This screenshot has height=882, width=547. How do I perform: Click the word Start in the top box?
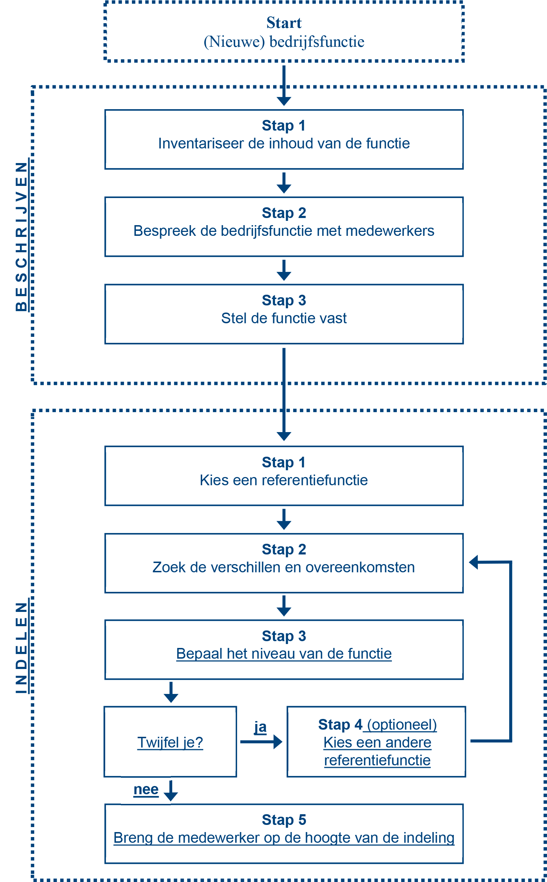(x=283, y=23)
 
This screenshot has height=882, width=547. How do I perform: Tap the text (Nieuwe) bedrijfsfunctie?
(x=283, y=42)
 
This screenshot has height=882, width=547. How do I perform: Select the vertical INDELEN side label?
(x=21, y=648)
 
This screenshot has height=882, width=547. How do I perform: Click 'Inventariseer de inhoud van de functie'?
(x=283, y=144)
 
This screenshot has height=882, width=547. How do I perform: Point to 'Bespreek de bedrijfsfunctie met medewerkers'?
(x=283, y=231)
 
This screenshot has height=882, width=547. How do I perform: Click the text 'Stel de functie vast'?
(x=283, y=319)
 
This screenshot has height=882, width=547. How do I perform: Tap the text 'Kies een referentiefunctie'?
(x=283, y=480)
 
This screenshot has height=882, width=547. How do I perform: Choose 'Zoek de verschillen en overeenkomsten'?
(x=283, y=567)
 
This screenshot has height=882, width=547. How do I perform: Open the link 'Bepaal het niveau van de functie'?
(x=283, y=654)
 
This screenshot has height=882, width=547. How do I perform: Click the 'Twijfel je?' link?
(x=170, y=742)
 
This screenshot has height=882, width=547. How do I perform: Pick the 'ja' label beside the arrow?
(x=260, y=727)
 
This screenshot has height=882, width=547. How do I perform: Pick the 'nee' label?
(x=146, y=789)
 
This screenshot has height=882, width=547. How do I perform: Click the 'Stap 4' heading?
(x=340, y=725)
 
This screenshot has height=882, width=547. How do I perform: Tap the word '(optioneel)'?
(x=402, y=725)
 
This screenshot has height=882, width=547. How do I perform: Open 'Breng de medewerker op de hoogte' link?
(x=283, y=838)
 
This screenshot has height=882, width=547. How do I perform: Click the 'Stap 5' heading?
(x=283, y=820)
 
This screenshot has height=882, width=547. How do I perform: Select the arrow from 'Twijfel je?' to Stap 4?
(x=260, y=741)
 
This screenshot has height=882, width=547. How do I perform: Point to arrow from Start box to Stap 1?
(x=284, y=85)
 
